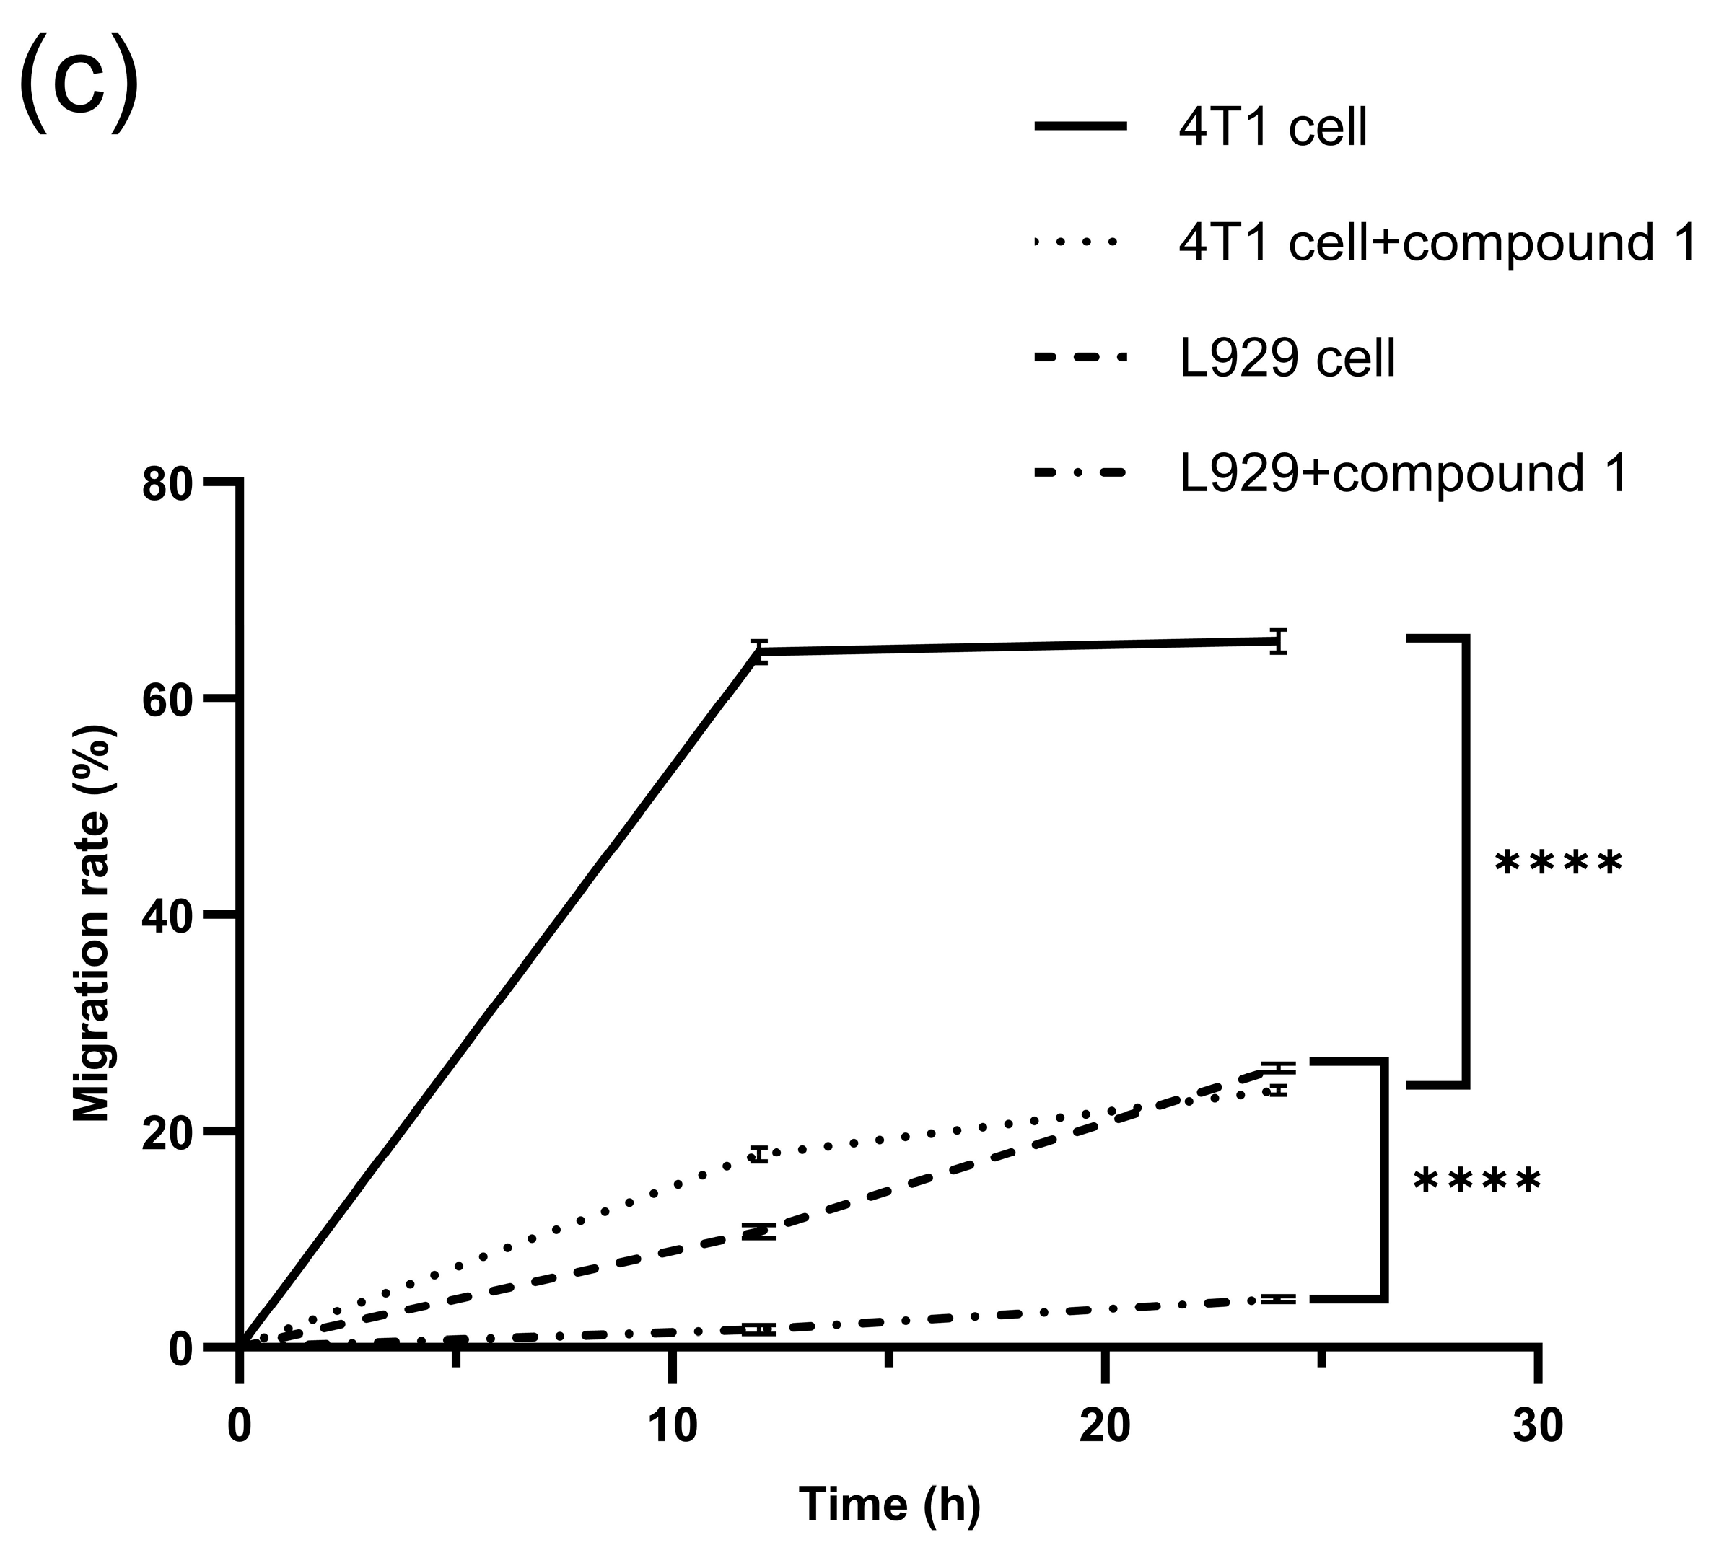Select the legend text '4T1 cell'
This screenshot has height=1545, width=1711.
1272,128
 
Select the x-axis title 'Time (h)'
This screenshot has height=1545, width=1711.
890,1505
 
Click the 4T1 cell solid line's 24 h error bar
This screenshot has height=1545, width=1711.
1278,641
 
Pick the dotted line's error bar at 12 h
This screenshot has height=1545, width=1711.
758,1154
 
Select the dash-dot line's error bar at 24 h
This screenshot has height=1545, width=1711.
1278,1299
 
